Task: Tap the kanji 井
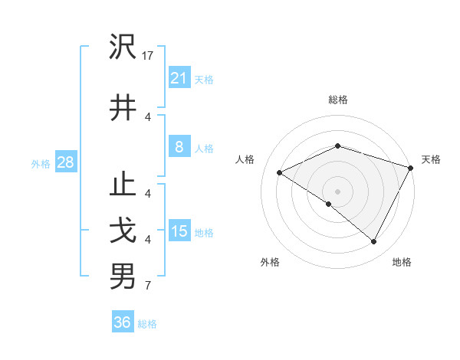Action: point(123,107)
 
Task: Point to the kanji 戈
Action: point(123,231)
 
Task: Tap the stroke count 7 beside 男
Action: point(148,286)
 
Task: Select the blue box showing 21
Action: point(179,78)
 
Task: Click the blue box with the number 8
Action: point(179,147)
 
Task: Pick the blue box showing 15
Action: point(179,231)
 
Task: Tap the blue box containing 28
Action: point(65,162)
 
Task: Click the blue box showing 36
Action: point(123,323)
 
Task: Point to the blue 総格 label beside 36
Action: point(147,324)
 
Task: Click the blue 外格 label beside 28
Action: point(41,163)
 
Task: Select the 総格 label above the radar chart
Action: point(337,100)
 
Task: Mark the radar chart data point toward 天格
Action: point(411,168)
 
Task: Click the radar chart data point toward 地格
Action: point(374,242)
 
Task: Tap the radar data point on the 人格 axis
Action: point(280,173)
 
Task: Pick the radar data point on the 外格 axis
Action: point(329,204)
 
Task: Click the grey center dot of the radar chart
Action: point(337,191)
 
